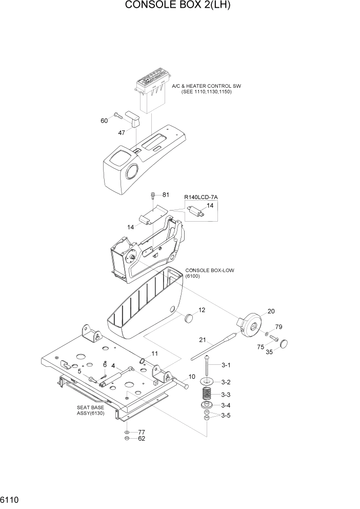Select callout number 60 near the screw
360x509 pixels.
[x=105, y=121]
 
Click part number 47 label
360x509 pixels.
[x=122, y=132]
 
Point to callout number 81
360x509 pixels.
[x=166, y=195]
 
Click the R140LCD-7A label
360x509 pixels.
[x=201, y=197]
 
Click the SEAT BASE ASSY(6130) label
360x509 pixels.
[x=90, y=410]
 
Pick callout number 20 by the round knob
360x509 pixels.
[x=271, y=311]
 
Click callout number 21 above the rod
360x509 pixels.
[x=202, y=340]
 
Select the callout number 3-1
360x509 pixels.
[x=226, y=365]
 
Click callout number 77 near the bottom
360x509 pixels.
[x=142, y=432]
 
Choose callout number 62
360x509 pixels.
[x=142, y=439]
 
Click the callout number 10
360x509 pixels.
[x=192, y=377]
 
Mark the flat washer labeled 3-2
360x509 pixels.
[x=207, y=382]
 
